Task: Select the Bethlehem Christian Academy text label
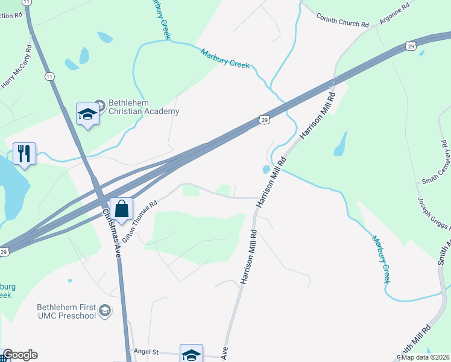point(143,107)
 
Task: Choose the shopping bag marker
point(122,209)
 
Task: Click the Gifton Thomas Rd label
point(138,215)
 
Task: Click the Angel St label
point(145,351)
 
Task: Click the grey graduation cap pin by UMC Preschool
point(105,310)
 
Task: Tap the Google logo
point(20,355)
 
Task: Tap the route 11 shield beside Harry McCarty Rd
point(49,77)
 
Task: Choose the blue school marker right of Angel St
point(191,354)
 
